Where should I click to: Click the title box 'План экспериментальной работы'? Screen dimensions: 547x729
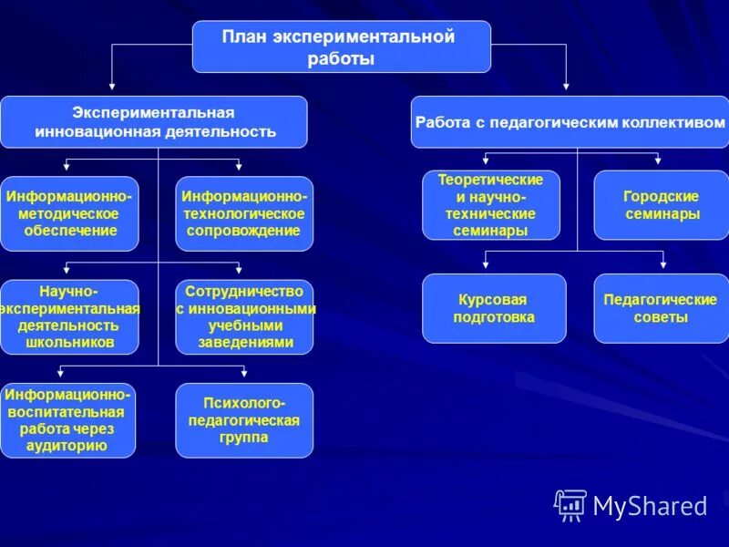(x=341, y=47)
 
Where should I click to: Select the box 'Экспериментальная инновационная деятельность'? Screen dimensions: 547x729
(x=153, y=122)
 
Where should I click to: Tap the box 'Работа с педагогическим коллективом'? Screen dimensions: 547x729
(x=570, y=122)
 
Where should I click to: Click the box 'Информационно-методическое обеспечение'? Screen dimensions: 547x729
(x=69, y=214)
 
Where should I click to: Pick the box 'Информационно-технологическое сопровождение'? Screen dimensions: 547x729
(x=244, y=214)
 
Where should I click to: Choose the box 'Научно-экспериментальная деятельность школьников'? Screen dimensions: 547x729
(x=69, y=317)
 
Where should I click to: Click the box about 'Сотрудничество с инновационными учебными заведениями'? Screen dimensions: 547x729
(x=244, y=317)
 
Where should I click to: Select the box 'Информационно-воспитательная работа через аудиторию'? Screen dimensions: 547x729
(x=68, y=420)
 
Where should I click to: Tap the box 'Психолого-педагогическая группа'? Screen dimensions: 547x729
(x=244, y=420)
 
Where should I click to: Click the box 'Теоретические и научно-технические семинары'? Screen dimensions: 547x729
(x=491, y=205)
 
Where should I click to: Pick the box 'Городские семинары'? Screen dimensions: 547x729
(x=662, y=205)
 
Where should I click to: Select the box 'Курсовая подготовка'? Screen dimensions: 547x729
(x=494, y=308)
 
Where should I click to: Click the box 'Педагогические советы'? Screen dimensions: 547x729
(x=662, y=308)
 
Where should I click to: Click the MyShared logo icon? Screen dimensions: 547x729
(x=570, y=505)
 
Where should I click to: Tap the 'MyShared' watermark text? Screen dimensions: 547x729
(x=650, y=506)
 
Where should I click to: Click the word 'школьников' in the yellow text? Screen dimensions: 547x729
(x=69, y=343)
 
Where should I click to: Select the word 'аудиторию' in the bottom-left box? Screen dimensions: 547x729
(x=68, y=446)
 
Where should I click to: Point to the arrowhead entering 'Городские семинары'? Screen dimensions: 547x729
(x=660, y=163)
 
